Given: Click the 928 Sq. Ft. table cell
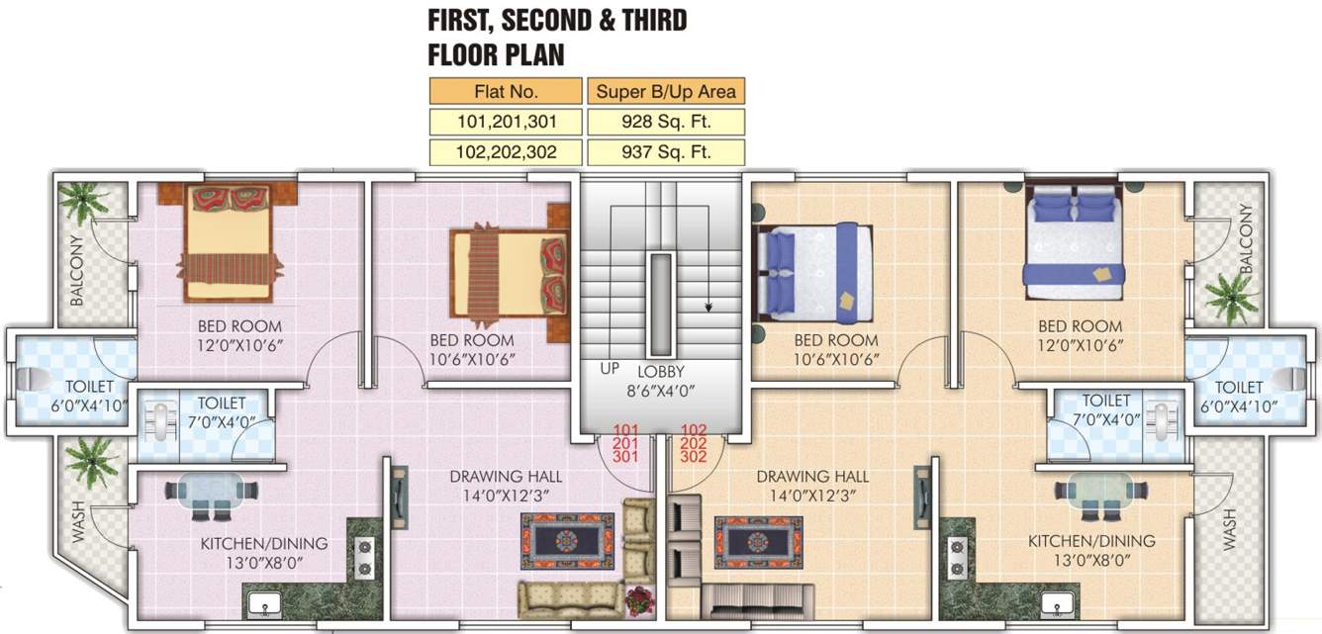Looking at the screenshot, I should pyautogui.click(x=664, y=122).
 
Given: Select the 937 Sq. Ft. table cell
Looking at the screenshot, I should pyautogui.click(x=664, y=152).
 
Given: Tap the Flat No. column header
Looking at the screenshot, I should pyautogui.click(x=506, y=92).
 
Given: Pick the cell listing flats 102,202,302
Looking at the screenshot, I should pyautogui.click(x=506, y=152).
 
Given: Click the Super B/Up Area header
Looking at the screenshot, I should pyautogui.click(x=664, y=92).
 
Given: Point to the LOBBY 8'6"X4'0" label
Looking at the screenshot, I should pyautogui.click(x=661, y=381).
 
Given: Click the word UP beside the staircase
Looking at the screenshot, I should pyautogui.click(x=611, y=368).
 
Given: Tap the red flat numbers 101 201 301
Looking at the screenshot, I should pyautogui.click(x=625, y=443).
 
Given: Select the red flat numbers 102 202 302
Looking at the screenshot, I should pyautogui.click(x=694, y=443).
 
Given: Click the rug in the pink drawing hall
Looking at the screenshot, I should pyautogui.click(x=567, y=541).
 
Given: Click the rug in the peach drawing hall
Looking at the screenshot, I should pyautogui.click(x=758, y=541).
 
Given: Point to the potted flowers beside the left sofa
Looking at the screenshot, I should pyautogui.click(x=639, y=599).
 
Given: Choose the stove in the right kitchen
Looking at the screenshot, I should pyautogui.click(x=957, y=558).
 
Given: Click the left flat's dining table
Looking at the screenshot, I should pyautogui.click(x=211, y=494).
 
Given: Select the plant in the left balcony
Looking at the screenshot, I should pyautogui.click(x=82, y=202).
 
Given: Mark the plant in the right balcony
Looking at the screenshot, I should pyautogui.click(x=1231, y=296).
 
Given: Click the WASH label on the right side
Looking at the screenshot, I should pyautogui.click(x=1229, y=529).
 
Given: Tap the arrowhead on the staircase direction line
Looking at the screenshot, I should pyautogui.click(x=708, y=307).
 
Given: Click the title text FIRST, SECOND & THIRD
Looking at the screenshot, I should pyautogui.click(x=556, y=20).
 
